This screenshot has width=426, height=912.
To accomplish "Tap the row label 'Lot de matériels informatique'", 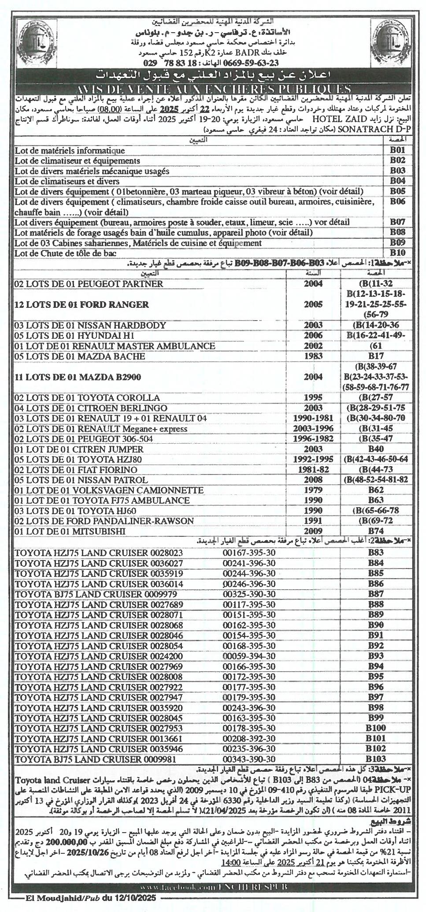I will point(70,151).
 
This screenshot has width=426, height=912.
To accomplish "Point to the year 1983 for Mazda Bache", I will point(313,356).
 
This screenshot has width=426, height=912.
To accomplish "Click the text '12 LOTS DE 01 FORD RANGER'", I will point(81,304).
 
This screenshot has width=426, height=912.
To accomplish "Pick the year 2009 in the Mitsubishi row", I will point(313,531).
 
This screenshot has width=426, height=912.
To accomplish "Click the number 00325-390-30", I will point(249,594).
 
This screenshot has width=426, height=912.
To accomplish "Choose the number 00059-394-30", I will point(249,655).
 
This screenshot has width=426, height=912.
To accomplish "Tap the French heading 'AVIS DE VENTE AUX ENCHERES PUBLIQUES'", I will point(213,89).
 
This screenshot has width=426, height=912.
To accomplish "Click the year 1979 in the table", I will point(313,490).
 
